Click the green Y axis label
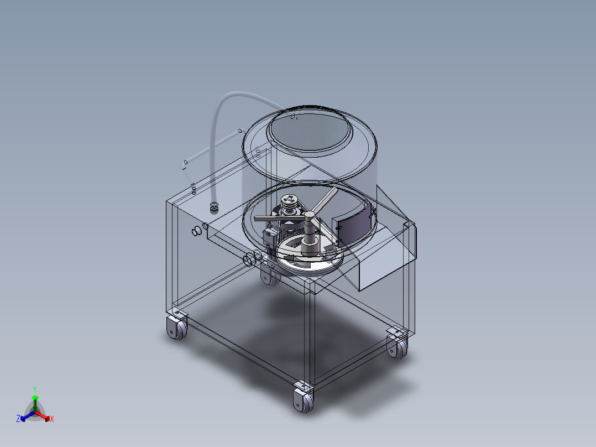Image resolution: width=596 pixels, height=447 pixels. click(x=35, y=388)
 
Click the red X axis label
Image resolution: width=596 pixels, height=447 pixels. click(x=52, y=419)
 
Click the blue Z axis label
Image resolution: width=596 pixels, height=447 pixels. click(x=18, y=419)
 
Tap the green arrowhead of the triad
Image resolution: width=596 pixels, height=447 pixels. click(x=35, y=397)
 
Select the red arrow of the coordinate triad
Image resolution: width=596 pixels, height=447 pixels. click(x=44, y=415)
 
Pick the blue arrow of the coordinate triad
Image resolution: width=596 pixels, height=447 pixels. click(x=25, y=415)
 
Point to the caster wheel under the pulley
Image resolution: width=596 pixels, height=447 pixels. click(x=269, y=275)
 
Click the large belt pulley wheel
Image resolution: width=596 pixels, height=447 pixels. click(x=310, y=260)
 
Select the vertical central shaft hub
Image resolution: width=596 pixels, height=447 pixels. click(x=307, y=232)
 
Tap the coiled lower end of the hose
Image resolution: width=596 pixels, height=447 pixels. click(x=214, y=208)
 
